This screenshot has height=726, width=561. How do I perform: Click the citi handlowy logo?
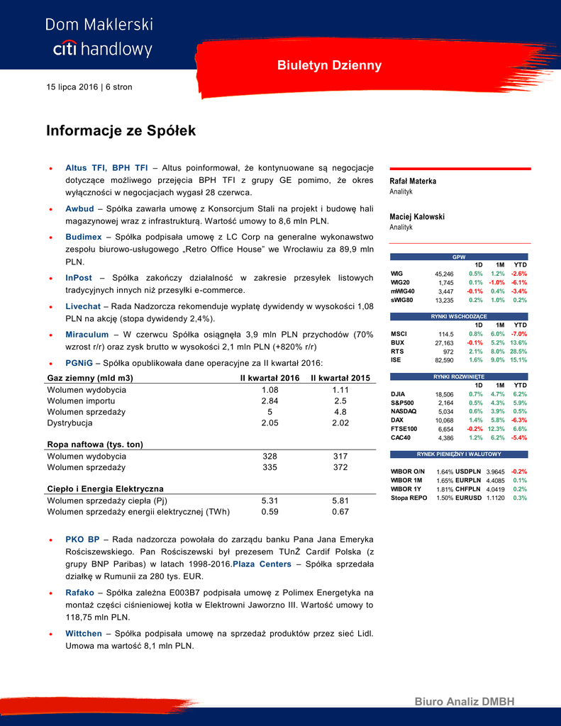click(102, 49)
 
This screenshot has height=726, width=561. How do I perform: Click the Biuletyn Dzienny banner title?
click(329, 65)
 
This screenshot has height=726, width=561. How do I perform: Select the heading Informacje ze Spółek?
click(121, 131)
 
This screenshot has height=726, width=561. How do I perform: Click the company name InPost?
click(79, 277)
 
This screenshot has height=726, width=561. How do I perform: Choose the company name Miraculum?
click(87, 334)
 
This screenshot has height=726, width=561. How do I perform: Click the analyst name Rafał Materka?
click(413, 181)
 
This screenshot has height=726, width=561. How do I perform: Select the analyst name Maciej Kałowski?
click(417, 216)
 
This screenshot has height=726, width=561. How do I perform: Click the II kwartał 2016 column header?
click(270, 378)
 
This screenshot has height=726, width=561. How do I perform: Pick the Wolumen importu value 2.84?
click(270, 401)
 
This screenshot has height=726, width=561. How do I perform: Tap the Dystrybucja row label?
click(70, 423)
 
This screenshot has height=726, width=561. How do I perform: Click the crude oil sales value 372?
click(340, 467)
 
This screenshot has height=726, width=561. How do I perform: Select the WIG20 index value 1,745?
click(445, 282)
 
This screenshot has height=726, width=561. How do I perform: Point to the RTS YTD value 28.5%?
click(518, 351)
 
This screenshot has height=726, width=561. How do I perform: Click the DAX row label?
click(397, 420)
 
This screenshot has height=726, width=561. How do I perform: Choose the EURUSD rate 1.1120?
click(496, 498)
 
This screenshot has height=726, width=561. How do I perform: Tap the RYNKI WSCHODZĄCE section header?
click(460, 315)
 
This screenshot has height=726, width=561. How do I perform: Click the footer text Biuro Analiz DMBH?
click(465, 702)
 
